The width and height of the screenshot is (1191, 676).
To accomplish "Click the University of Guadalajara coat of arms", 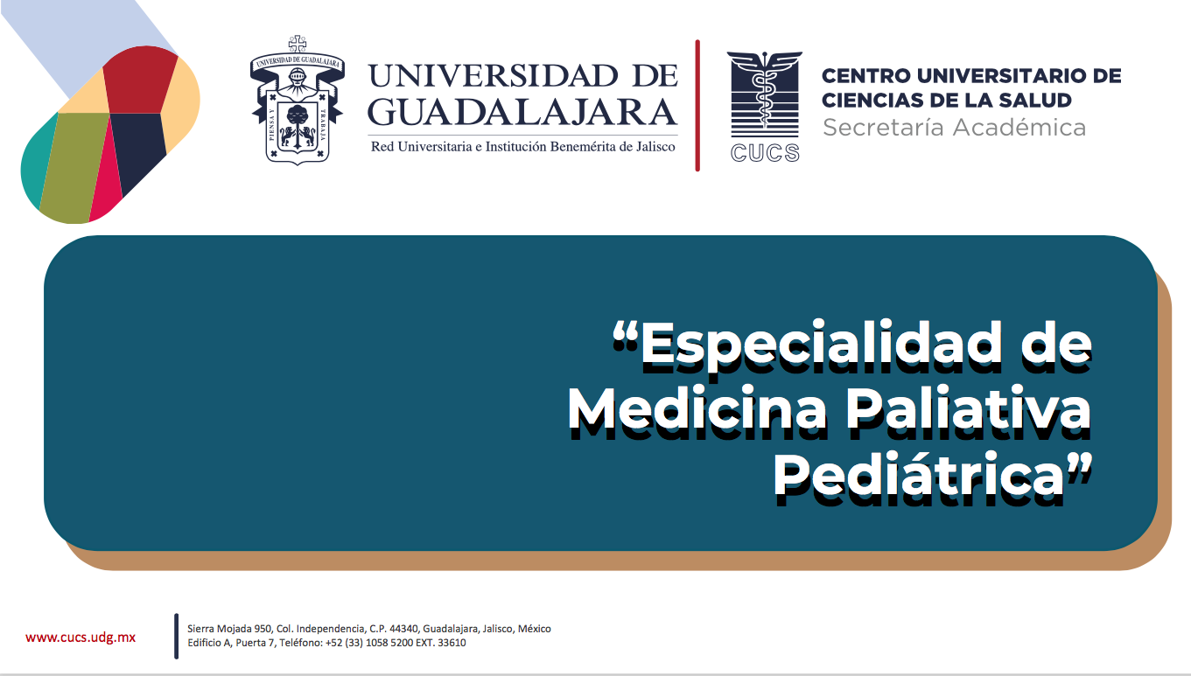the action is [x=298, y=100].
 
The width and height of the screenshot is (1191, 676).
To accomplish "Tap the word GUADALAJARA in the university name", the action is [x=522, y=112].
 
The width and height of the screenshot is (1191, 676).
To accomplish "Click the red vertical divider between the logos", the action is [x=697, y=105].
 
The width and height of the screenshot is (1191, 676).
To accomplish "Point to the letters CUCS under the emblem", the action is [x=765, y=153].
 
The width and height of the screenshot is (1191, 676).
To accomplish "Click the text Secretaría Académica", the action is [x=955, y=128].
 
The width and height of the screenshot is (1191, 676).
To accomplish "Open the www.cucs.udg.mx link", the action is [x=81, y=638].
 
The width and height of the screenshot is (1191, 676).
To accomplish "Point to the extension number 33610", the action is [x=452, y=643].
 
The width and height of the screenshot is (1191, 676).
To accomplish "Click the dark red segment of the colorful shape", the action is [x=139, y=80].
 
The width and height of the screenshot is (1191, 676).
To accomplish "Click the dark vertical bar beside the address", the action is [x=176, y=636].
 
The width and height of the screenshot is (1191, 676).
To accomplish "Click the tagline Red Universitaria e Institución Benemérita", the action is [x=523, y=147].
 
